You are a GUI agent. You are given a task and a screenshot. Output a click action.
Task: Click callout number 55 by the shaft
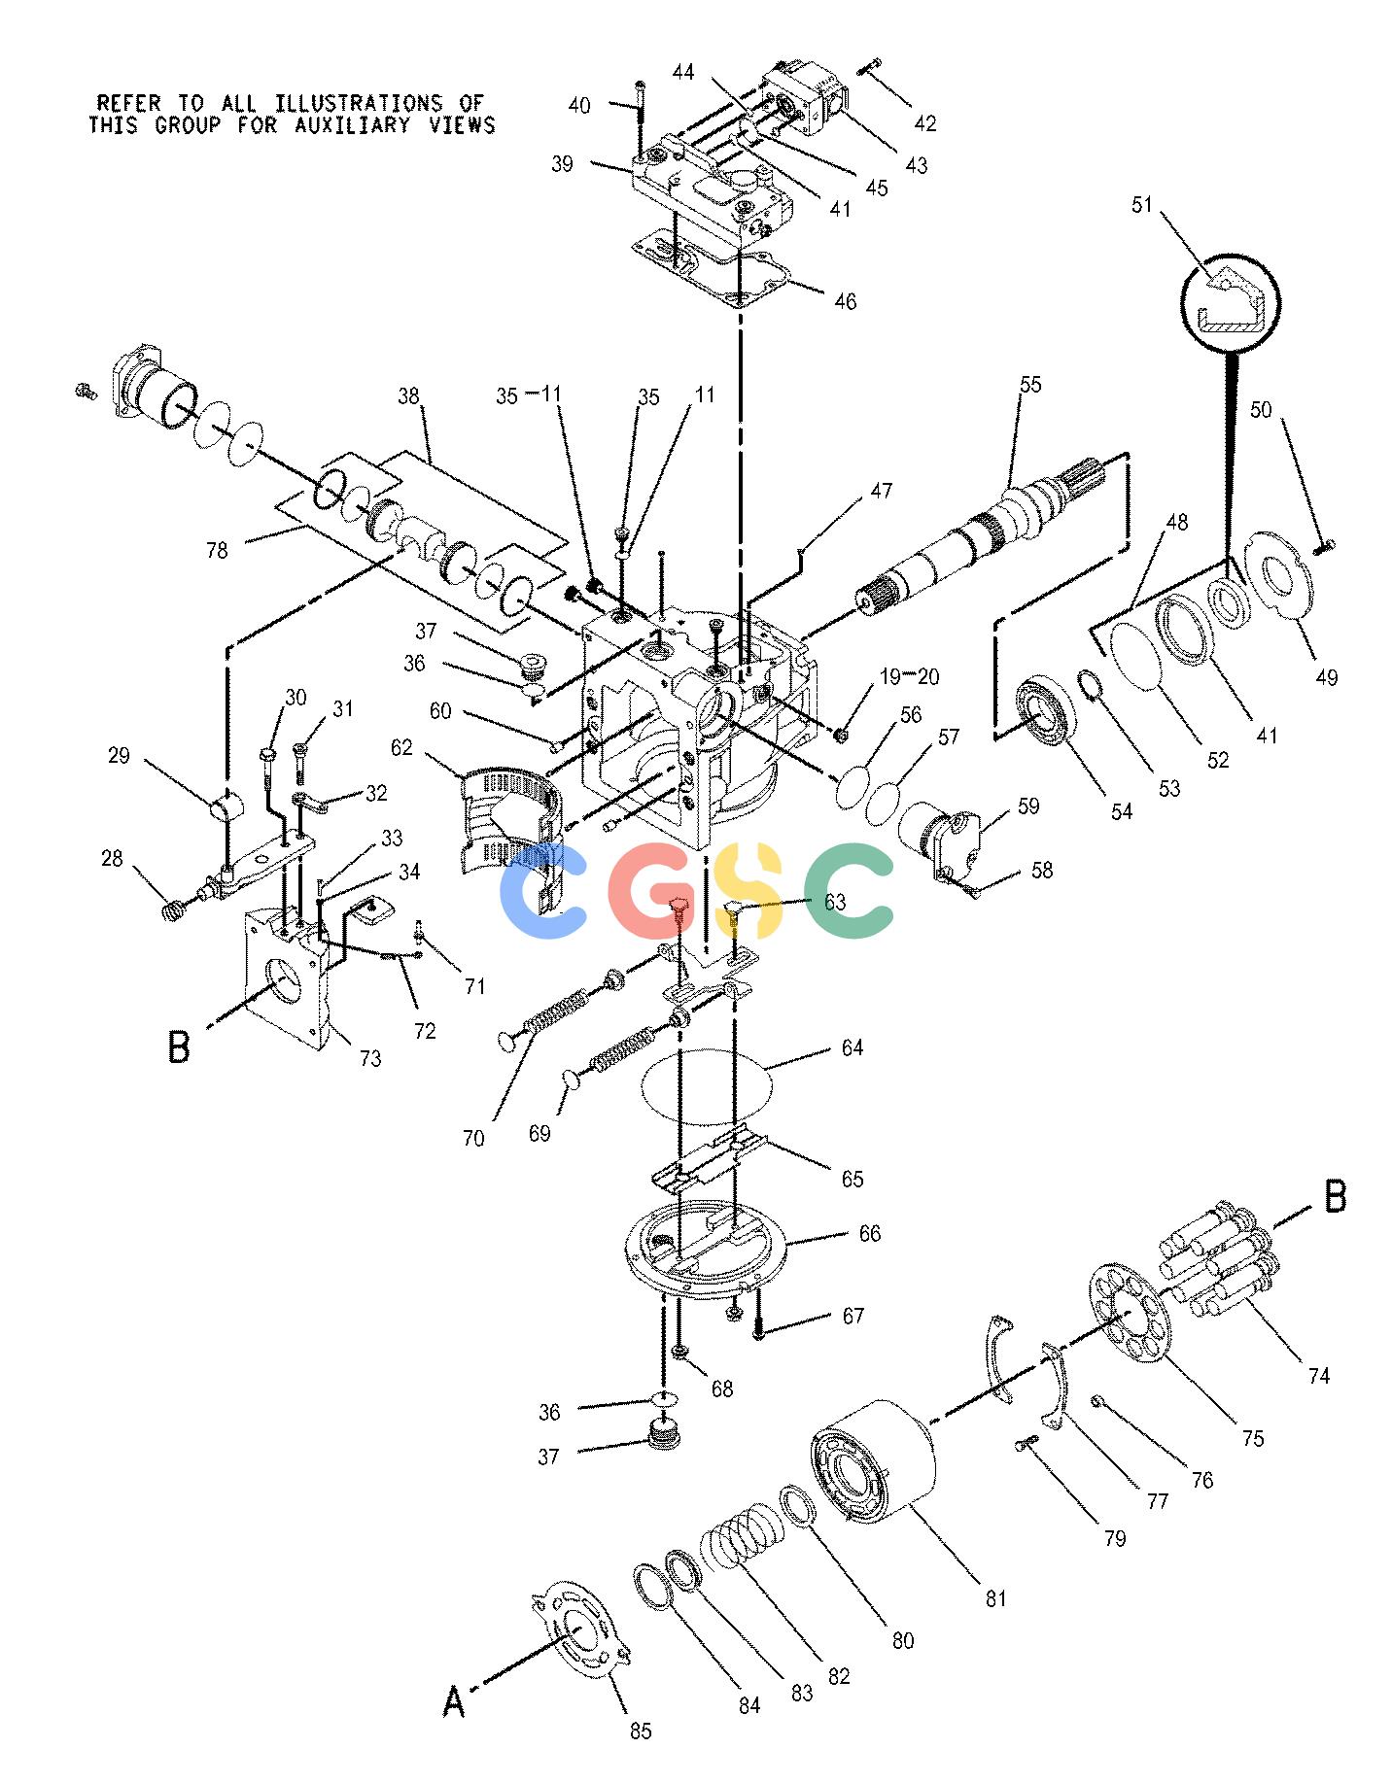(1030, 385)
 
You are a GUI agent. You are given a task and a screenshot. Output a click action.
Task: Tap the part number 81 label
(995, 1597)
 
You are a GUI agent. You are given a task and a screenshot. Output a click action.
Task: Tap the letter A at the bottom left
(454, 1700)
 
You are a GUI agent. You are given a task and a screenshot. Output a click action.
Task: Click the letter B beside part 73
(179, 1046)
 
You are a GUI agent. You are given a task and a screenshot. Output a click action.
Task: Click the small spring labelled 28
(174, 911)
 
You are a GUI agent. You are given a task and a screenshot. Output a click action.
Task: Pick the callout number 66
(869, 1233)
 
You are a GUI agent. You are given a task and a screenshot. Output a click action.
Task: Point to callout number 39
(562, 164)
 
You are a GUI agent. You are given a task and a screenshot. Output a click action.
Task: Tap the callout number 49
(1326, 677)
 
